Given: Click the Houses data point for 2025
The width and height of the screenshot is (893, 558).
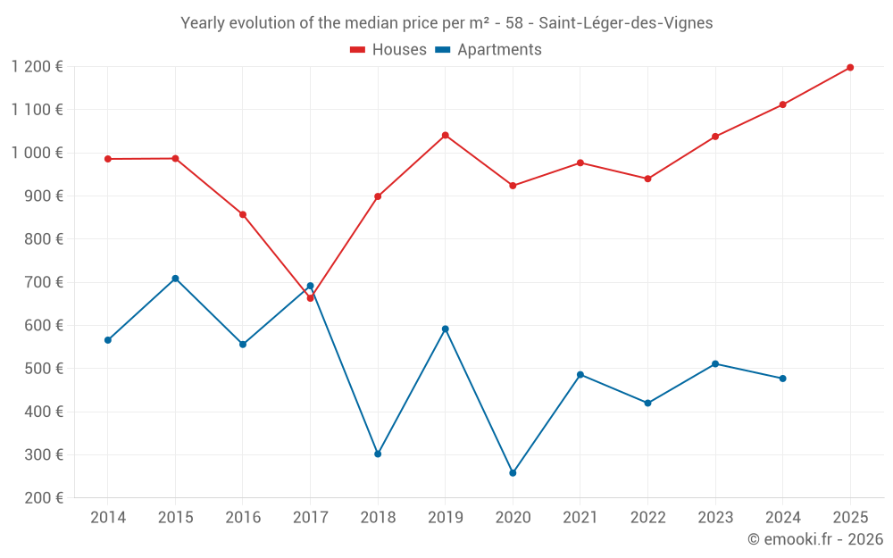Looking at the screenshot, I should (850, 68).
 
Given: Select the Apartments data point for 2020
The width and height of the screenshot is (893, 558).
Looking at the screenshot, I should (513, 473).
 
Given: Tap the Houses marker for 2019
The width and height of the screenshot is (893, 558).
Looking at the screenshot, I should (446, 136).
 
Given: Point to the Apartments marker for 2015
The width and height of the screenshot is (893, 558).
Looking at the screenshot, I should (175, 279).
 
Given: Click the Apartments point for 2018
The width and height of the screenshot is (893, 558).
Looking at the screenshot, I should (378, 454).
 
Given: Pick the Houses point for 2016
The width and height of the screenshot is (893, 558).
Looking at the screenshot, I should (243, 214).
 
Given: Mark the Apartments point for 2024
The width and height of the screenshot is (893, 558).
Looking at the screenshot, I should (783, 379).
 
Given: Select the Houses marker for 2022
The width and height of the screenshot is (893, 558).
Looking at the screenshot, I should (648, 179).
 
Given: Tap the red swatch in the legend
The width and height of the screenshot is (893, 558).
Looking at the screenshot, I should (358, 50).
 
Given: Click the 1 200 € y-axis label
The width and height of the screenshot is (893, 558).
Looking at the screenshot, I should (38, 66).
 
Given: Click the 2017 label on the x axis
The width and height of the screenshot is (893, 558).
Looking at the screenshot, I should (310, 517).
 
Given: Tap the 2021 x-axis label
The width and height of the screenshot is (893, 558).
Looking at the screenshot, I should (580, 517).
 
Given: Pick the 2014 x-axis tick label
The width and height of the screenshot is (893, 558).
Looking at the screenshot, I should (108, 517).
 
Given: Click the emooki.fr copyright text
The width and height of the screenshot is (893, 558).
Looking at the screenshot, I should (814, 539).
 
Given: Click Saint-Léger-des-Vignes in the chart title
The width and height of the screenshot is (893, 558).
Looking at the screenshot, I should (626, 23).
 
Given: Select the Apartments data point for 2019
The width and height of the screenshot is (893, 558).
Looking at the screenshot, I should (446, 329).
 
